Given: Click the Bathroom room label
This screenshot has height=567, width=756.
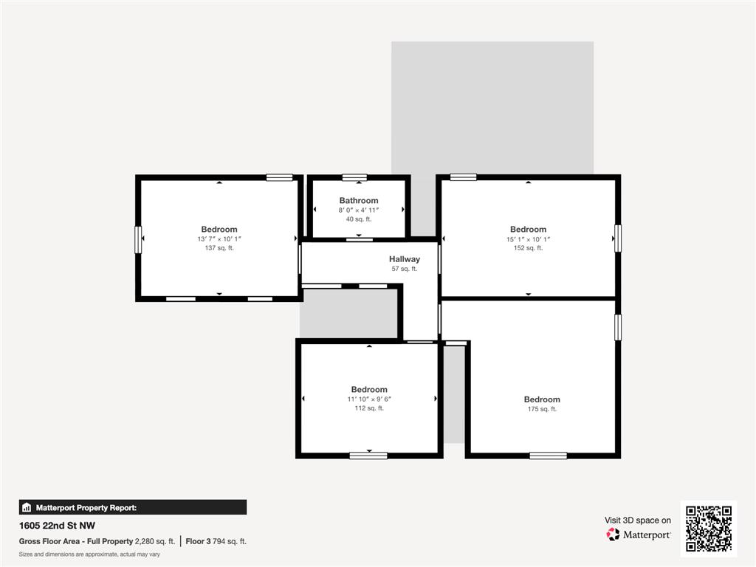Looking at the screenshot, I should tap(359, 201).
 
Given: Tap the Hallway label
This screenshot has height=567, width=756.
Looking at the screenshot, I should tap(405, 259).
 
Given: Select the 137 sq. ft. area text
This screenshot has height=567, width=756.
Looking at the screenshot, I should tap(219, 248).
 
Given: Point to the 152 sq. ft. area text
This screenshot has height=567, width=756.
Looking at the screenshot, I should tap(528, 248).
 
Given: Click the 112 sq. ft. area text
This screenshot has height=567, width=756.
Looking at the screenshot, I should tap(369, 408).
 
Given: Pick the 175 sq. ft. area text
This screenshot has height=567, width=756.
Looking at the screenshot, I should tap(542, 409).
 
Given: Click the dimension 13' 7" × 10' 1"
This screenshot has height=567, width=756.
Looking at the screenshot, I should tap(219, 239).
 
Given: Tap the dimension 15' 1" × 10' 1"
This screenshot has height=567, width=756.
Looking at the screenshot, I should tap(528, 239).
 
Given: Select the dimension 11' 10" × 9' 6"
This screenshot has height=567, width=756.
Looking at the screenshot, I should tap(369, 399).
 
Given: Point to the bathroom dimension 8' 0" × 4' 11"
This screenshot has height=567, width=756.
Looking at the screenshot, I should tap(359, 210).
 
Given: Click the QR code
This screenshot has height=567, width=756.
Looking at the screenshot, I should tap(708, 529).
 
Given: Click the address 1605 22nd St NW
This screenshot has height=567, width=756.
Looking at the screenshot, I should tap(57, 526).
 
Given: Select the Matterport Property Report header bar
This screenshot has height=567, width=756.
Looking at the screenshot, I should tap(133, 507).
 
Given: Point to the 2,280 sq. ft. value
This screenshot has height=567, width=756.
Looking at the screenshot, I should tap(155, 541).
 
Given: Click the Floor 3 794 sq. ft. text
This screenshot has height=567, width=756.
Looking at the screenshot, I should tap(216, 541).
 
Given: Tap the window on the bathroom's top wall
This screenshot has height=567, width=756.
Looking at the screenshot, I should tap(354, 177).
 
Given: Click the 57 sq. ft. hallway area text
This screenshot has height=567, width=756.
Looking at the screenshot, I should tap(405, 269).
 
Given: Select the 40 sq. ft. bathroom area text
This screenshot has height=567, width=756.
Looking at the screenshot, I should tap(359, 219).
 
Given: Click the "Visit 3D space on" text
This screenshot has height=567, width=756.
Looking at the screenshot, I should tap(638, 520).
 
